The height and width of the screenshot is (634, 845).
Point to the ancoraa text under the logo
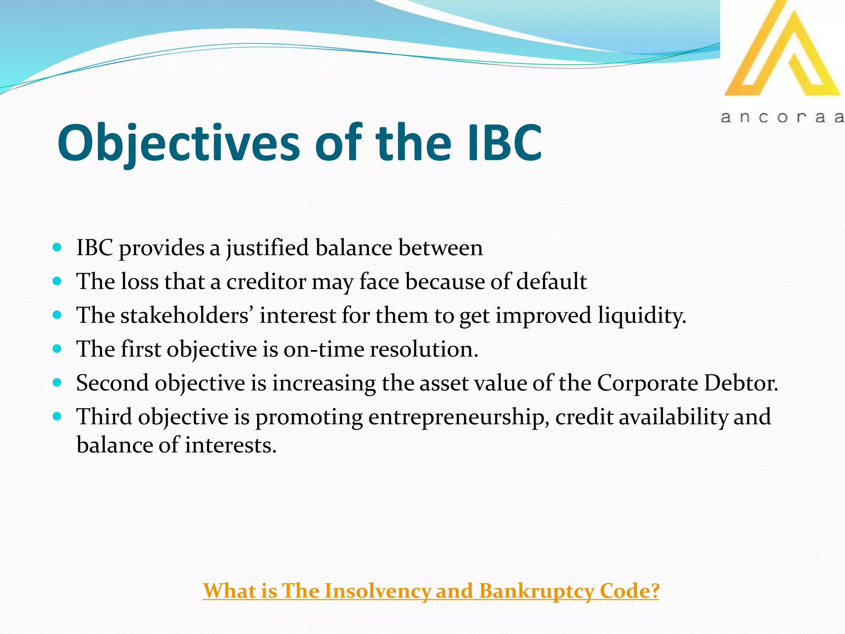(x=782, y=118)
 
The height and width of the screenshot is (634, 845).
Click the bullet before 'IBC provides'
(x=57, y=248)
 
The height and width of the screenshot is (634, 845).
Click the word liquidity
(x=642, y=316)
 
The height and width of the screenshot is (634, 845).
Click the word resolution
(x=424, y=350)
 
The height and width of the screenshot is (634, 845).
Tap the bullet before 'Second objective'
(x=57, y=383)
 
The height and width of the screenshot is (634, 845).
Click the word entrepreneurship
(x=458, y=417)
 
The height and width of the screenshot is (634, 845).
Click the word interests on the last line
(x=230, y=445)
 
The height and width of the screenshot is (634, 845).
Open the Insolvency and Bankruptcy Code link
(x=431, y=591)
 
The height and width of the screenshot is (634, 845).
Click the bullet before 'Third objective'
(x=57, y=416)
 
